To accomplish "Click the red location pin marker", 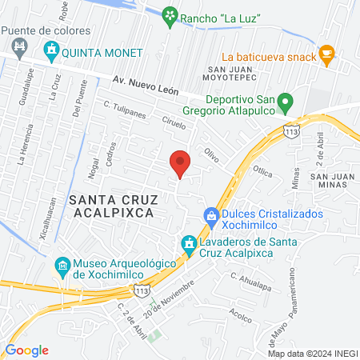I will tap(181, 164).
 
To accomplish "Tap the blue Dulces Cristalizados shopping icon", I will tap(211, 215).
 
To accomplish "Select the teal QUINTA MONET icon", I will tap(52, 53).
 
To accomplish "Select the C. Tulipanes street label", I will tap(124, 110).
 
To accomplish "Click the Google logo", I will tap(26, 350).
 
